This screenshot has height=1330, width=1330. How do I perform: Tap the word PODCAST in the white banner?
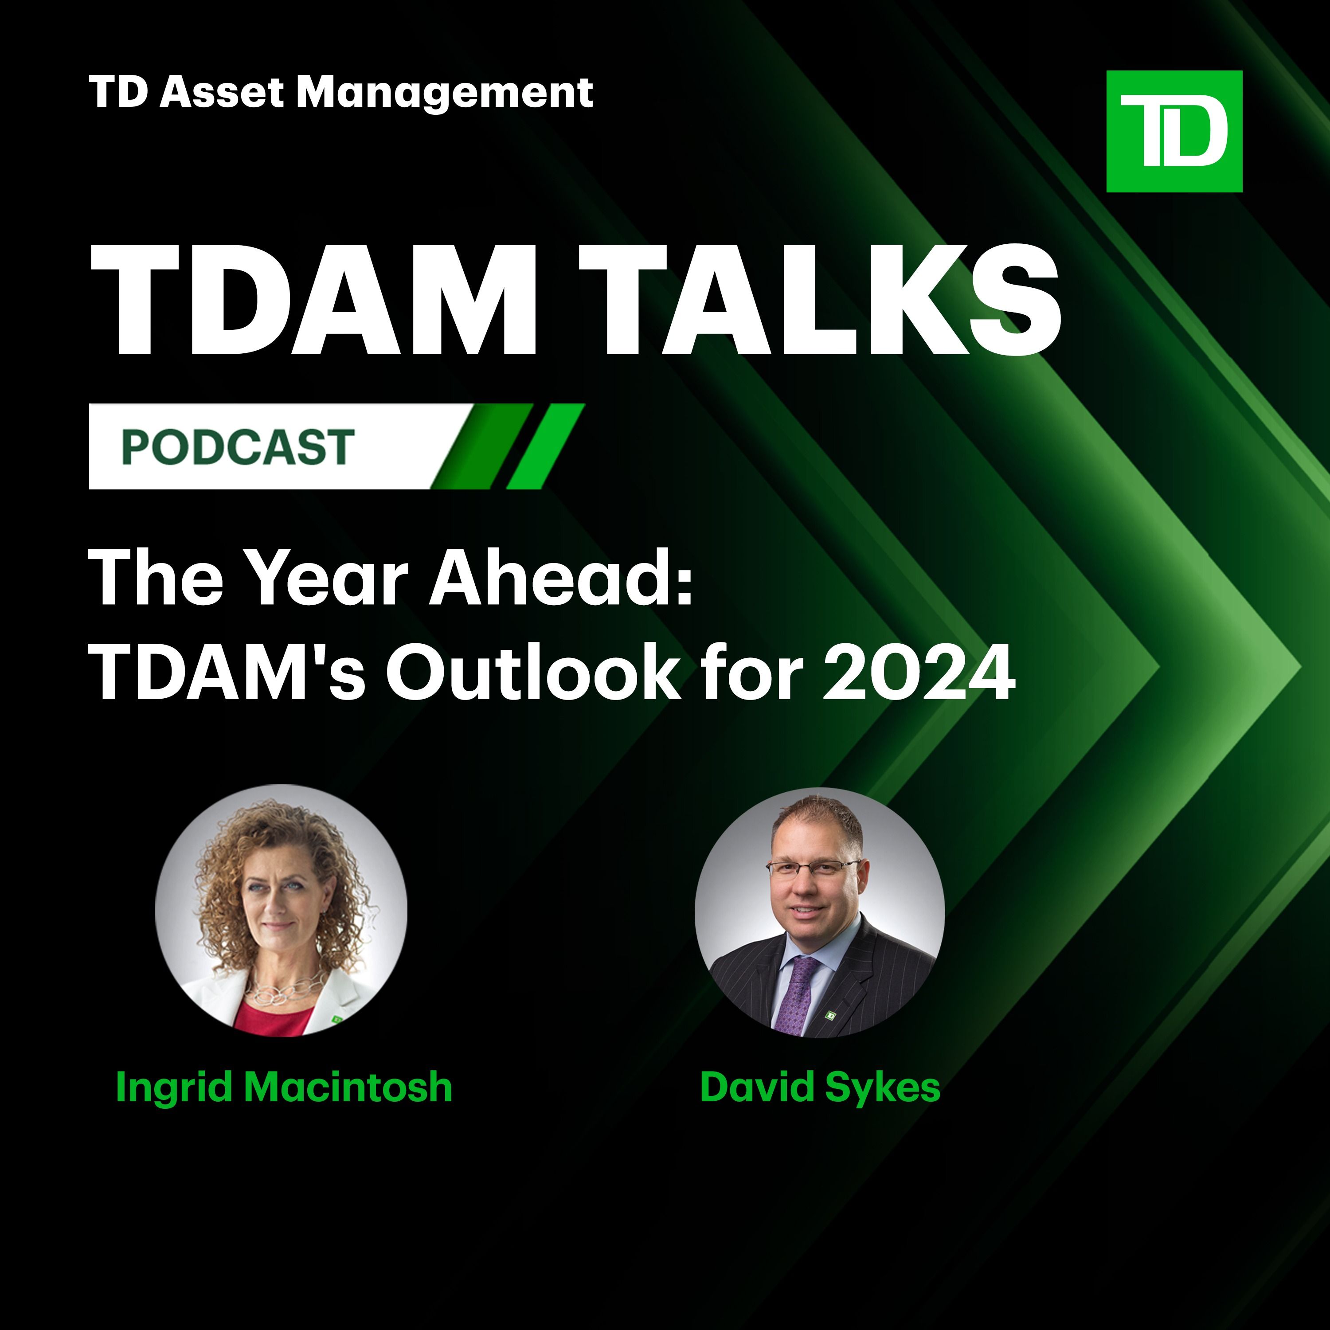(x=238, y=447)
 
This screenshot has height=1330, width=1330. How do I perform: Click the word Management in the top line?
(x=445, y=93)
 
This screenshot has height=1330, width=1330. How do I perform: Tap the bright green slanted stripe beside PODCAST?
(x=546, y=446)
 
